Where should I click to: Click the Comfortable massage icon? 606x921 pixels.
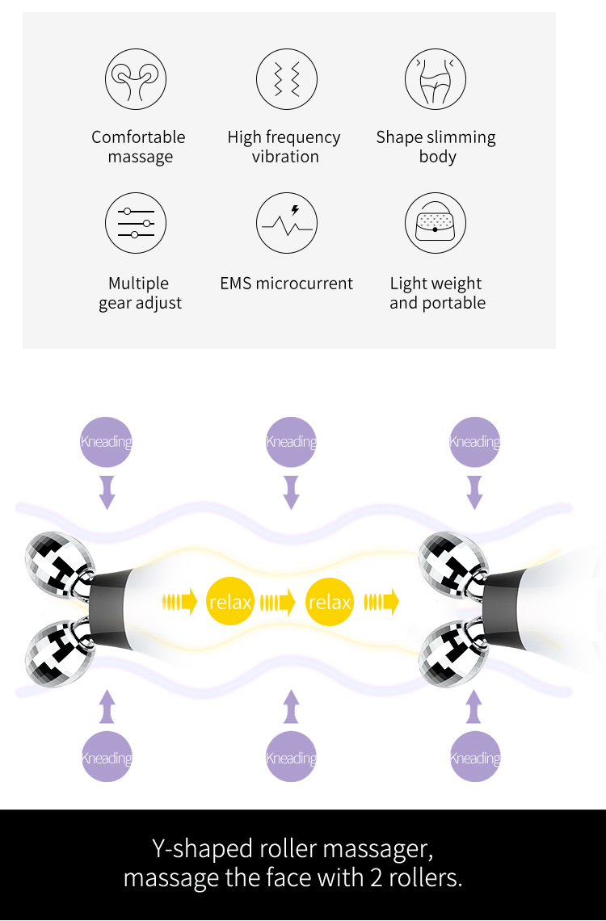[136, 78]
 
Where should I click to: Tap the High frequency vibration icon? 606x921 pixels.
[287, 78]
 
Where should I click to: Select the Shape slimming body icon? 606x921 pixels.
[436, 78]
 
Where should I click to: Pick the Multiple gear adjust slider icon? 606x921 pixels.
[136, 223]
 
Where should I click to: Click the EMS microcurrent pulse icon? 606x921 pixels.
[287, 223]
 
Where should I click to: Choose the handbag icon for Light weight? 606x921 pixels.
[436, 223]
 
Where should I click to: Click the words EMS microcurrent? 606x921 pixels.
[287, 283]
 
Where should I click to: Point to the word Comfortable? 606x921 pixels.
[139, 137]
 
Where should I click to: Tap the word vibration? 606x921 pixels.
[285, 157]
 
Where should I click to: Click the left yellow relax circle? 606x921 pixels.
[230, 601]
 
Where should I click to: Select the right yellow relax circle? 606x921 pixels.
[330, 601]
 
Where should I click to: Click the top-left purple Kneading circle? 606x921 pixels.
[107, 442]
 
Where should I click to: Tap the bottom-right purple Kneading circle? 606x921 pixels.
[475, 757]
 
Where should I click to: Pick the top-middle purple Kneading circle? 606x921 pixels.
[291, 442]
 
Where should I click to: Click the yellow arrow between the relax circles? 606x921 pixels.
[278, 602]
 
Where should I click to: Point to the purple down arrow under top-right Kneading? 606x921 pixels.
[474, 492]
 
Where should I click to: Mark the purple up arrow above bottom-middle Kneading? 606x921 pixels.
[291, 707]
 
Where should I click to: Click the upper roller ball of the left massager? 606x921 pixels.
[59, 558]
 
